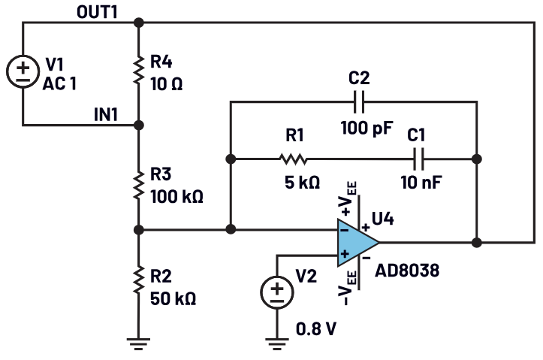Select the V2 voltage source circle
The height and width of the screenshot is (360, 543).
(x=277, y=292)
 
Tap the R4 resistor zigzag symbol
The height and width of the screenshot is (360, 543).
(x=139, y=71)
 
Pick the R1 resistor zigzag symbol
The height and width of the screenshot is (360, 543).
(x=294, y=159)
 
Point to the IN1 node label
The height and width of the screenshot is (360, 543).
(x=108, y=113)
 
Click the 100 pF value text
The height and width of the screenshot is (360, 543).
(x=367, y=128)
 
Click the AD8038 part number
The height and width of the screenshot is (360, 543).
(x=406, y=267)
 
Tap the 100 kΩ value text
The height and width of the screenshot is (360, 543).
(x=176, y=197)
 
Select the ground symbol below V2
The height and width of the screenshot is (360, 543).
(x=277, y=343)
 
